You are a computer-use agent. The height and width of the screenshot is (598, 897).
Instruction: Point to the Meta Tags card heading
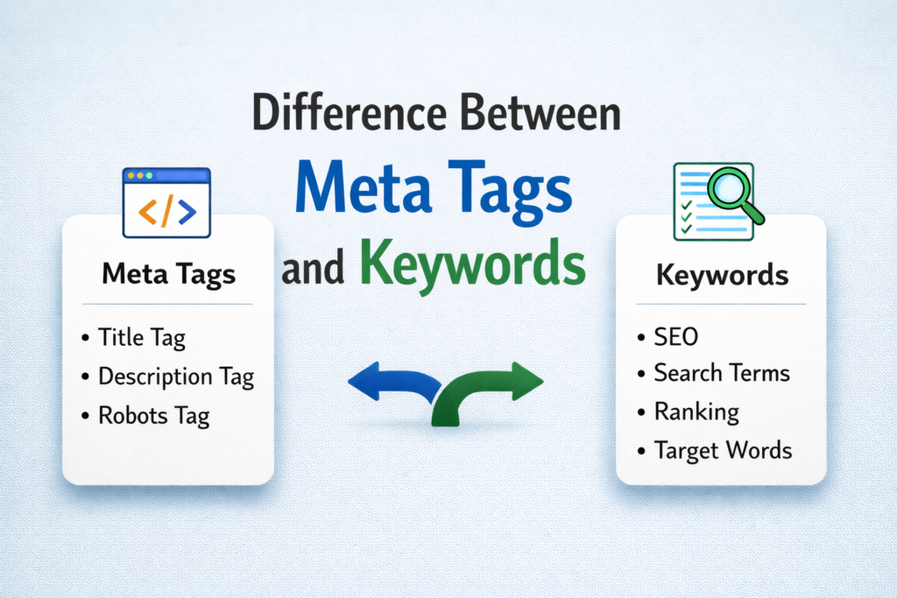[169, 274]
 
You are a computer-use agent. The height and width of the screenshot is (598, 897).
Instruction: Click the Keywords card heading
[722, 276]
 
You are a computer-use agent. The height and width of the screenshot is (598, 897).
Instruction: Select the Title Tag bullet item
[142, 337]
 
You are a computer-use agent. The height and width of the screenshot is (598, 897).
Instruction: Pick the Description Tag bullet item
[175, 377]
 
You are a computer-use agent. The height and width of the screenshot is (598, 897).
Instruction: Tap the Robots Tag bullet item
[153, 416]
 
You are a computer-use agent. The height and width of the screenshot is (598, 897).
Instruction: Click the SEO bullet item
[676, 336]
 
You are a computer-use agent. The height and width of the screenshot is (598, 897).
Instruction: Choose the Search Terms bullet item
[721, 373]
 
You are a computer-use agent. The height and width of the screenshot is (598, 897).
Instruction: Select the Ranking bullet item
[696, 412]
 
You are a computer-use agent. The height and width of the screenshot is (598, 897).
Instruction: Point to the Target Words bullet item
[723, 451]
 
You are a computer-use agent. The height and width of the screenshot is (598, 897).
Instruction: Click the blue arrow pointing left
[390, 383]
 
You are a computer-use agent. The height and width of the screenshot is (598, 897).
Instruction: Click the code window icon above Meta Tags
[166, 203]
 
